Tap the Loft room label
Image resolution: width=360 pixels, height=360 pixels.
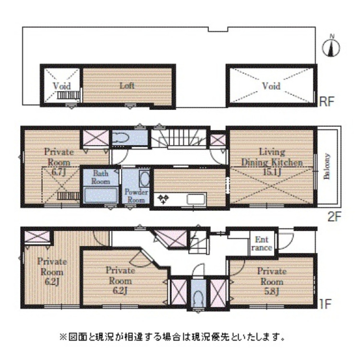127,86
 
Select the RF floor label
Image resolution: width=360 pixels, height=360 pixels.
327,101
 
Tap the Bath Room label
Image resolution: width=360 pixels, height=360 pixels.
101,177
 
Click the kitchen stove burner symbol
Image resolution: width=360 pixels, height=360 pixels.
163,199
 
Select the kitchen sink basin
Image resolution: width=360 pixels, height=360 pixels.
196,200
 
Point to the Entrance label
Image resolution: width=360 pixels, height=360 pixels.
262,243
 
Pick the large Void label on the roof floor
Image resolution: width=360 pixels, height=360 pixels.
271,86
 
